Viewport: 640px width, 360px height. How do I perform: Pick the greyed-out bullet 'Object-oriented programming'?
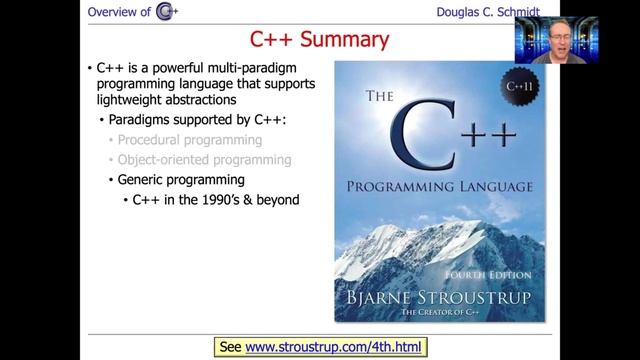204,159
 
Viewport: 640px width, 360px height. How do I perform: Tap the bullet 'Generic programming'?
181,179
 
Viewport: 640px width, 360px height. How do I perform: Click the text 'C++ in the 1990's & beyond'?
216,199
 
